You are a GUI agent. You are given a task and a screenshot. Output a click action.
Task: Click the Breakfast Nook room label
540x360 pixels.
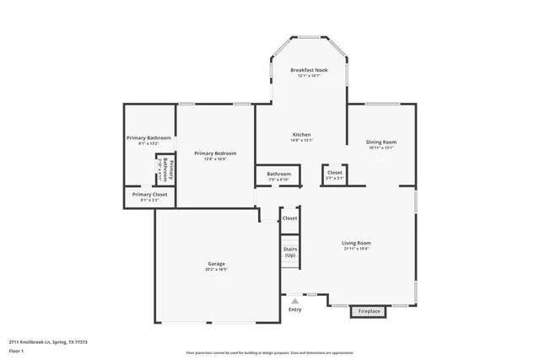click(308, 71)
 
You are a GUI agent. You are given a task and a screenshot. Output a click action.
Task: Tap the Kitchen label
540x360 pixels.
click(302, 135)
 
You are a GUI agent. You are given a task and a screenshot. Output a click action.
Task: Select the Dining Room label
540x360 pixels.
click(381, 142)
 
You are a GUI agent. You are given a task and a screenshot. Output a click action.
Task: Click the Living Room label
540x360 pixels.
click(357, 243)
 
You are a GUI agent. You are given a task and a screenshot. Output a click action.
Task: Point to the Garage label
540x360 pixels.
click(216, 263)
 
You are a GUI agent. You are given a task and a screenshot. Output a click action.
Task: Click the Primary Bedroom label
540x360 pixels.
click(215, 153)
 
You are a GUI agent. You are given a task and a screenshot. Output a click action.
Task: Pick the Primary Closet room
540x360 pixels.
click(148, 195)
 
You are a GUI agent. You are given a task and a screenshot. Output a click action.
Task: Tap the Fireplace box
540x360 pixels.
click(370, 311)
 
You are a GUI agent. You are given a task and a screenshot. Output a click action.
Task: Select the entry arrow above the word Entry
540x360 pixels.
click(294, 300)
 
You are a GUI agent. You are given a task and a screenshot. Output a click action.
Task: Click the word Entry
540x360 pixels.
click(294, 309)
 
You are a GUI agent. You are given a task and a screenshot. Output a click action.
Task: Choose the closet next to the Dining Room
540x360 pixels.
click(334, 175)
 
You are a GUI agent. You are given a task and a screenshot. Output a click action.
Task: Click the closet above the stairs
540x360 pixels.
click(289, 218)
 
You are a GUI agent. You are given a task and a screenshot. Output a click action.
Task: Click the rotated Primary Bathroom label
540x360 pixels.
click(165, 169)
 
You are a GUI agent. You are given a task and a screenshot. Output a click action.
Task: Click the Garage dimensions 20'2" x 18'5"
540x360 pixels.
click(216, 269)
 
